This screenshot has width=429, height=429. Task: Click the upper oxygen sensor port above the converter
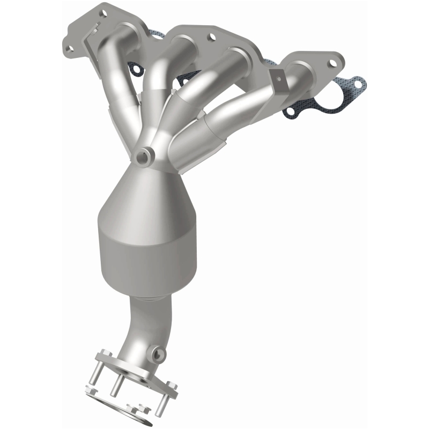143,157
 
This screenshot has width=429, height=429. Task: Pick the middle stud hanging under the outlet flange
115,386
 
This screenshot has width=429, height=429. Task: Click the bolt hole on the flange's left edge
69,49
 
